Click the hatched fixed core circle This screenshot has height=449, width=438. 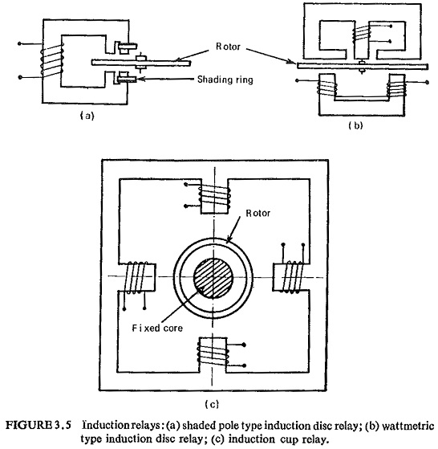(x=213, y=277)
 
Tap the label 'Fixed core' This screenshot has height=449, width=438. (x=157, y=328)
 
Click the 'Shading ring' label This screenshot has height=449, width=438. (x=225, y=80)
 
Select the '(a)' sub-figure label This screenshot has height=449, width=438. (x=87, y=116)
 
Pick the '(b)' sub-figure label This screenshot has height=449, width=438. (x=355, y=125)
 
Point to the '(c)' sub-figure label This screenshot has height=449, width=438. (x=212, y=404)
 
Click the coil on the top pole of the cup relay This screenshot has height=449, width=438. (x=214, y=198)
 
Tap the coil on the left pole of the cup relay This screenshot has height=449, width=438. (x=136, y=277)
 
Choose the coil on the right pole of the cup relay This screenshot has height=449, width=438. (x=292, y=276)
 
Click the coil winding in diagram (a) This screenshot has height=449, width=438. (x=51, y=61)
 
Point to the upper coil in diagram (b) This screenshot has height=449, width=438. (x=362, y=34)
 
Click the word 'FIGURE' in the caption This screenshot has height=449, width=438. (x=28, y=425)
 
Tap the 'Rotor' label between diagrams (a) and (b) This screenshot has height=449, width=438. (x=228, y=47)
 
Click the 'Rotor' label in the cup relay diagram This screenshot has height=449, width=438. (x=258, y=213)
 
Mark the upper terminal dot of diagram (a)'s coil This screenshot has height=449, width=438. (x=19, y=44)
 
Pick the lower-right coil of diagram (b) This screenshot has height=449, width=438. (x=396, y=88)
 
